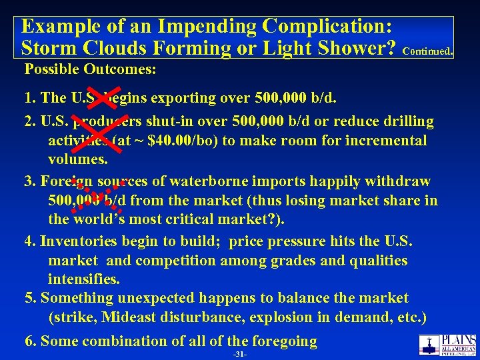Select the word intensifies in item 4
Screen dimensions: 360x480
click(x=83, y=279)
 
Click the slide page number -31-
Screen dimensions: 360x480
click(x=240, y=354)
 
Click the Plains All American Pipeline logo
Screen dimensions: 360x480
click(x=447, y=344)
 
